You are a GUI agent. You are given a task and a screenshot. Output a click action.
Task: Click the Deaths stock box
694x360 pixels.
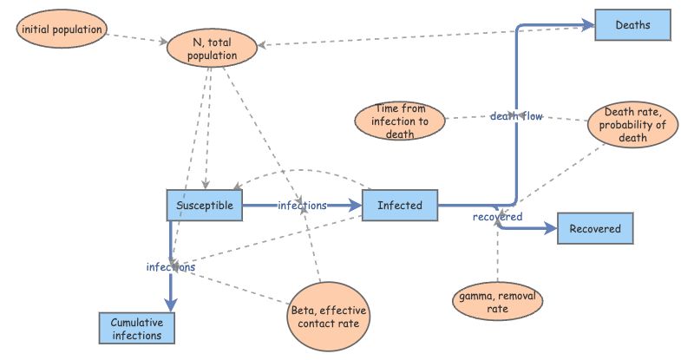pyautogui.click(x=633, y=25)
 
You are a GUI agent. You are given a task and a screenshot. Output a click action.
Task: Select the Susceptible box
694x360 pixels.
pyautogui.click(x=205, y=206)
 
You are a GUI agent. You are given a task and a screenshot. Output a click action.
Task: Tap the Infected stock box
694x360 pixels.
pyautogui.click(x=400, y=206)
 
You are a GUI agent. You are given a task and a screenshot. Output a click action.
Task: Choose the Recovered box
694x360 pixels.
pyautogui.click(x=595, y=229)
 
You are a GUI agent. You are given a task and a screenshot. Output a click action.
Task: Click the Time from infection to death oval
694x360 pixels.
pyautogui.click(x=400, y=121)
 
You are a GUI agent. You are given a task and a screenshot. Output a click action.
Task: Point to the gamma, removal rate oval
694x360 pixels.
pyautogui.click(x=499, y=301)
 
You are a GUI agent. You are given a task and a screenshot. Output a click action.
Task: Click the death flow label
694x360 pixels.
pyautogui.click(x=517, y=116)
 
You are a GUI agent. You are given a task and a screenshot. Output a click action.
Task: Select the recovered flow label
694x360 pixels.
pyautogui.click(x=497, y=217)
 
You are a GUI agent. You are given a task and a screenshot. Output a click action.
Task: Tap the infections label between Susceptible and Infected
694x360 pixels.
pyautogui.click(x=302, y=206)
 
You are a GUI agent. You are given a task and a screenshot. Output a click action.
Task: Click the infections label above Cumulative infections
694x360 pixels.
pyautogui.click(x=170, y=268)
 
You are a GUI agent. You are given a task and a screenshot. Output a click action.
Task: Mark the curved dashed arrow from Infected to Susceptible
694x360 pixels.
pyautogui.click(x=304, y=171)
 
